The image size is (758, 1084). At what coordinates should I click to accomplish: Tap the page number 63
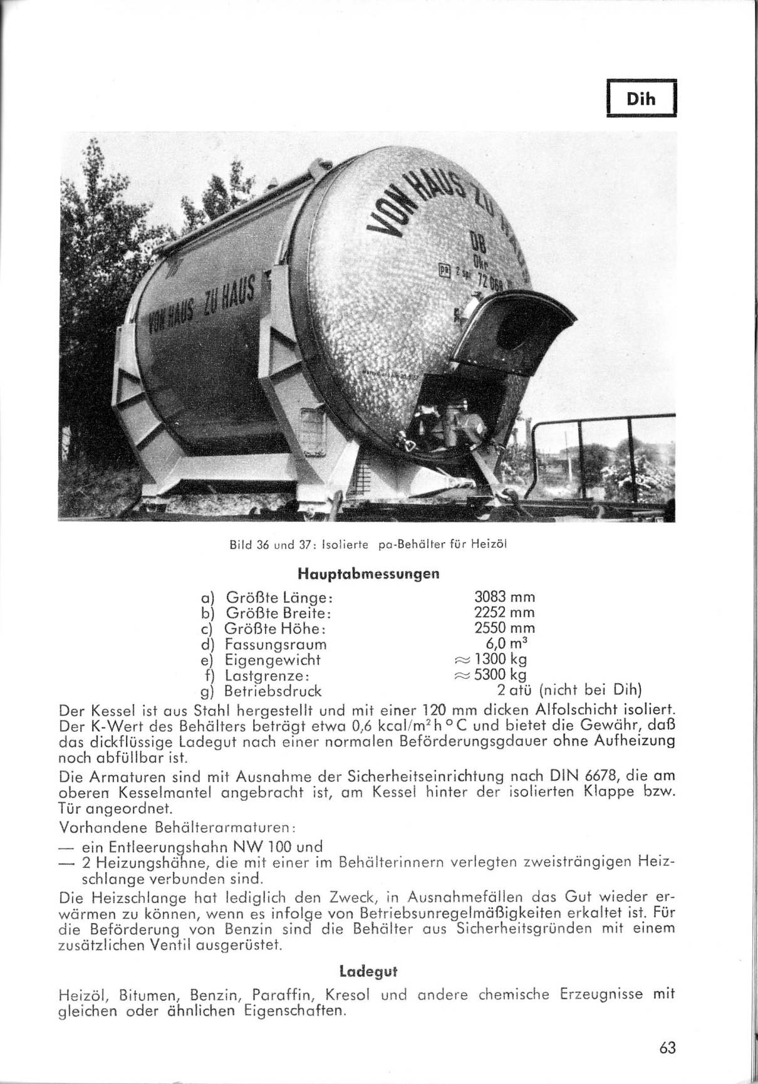pyautogui.click(x=668, y=1048)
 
